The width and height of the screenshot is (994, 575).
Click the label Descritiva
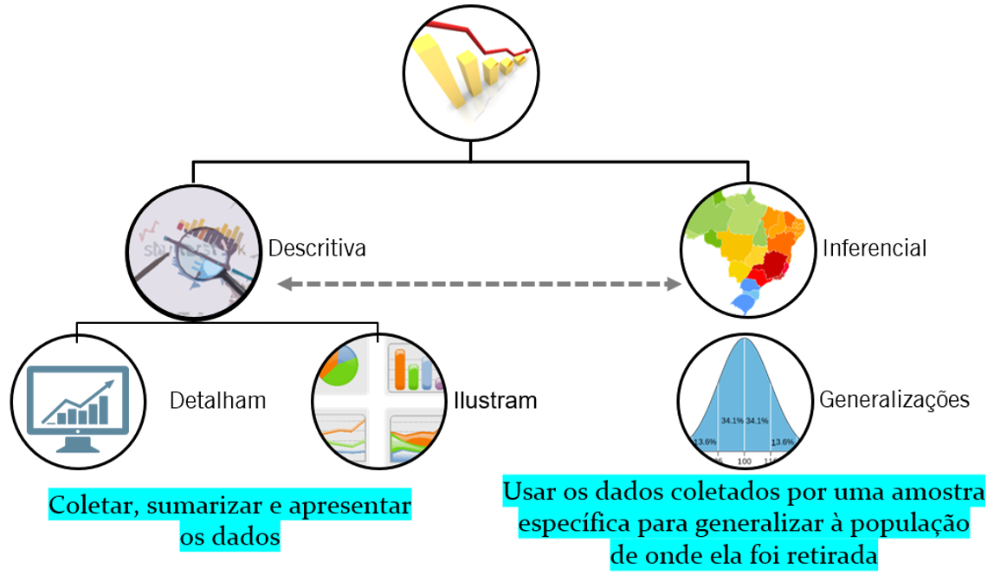317,249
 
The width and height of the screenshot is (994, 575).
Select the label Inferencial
875,249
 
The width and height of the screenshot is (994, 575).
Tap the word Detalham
217,401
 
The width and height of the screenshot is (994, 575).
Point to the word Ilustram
495,401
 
